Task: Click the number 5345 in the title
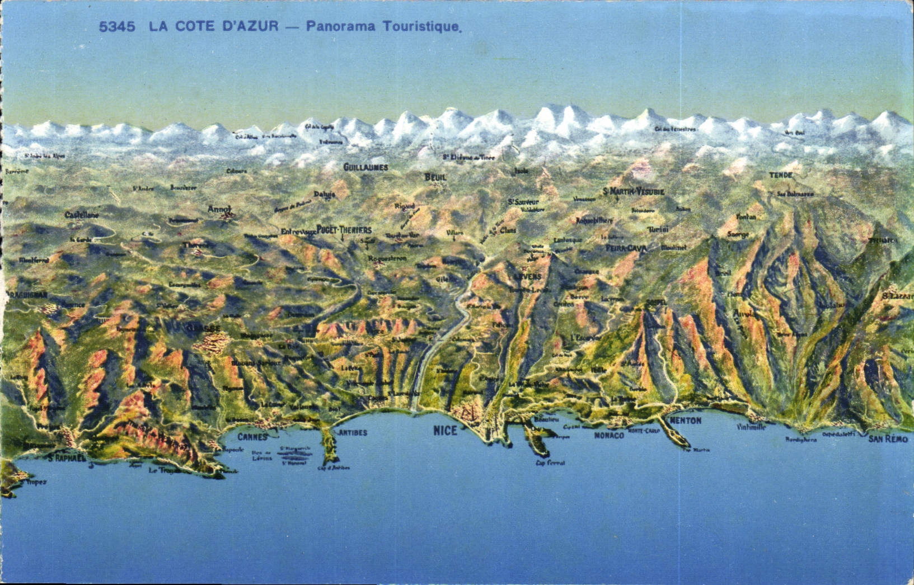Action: click(x=117, y=26)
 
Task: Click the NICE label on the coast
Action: click(x=445, y=430)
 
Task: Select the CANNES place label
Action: click(x=252, y=437)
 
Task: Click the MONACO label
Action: click(x=608, y=435)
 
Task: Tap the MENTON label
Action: click(x=685, y=421)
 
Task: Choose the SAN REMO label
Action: click(x=888, y=439)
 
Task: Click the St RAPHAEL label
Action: click(x=67, y=458)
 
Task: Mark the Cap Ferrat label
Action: click(x=550, y=463)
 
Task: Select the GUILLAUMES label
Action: click(x=365, y=167)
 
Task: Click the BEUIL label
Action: click(x=435, y=177)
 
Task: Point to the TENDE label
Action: click(x=780, y=175)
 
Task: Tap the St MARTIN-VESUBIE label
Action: click(x=634, y=191)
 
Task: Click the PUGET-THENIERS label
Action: click(x=344, y=230)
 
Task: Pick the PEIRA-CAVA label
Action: click(x=626, y=248)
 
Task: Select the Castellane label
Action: click(x=82, y=215)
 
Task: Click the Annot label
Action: click(x=219, y=209)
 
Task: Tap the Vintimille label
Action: click(x=751, y=427)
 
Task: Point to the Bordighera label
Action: click(x=801, y=440)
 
